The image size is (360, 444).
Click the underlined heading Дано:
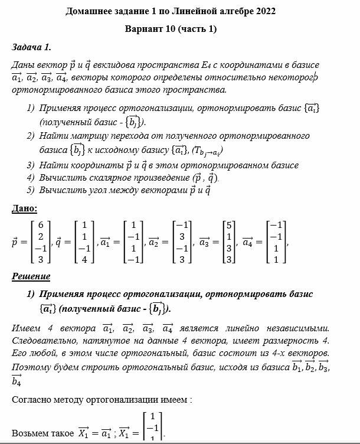click(x=24, y=208)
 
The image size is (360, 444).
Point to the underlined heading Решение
click(x=31, y=276)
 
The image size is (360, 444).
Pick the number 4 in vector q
click(x=86, y=259)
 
